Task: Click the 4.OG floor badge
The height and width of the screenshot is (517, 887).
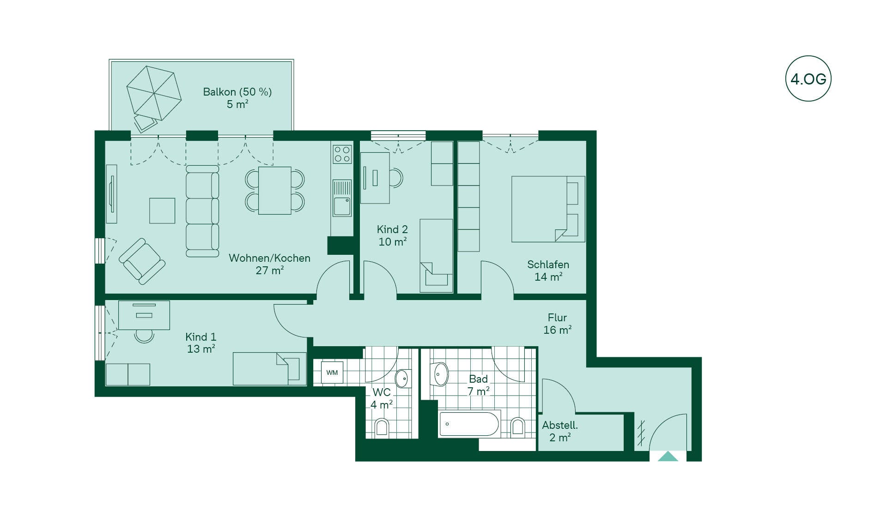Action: tap(808, 78)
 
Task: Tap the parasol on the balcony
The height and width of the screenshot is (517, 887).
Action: tap(154, 93)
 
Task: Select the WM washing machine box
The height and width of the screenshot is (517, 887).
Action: tap(332, 373)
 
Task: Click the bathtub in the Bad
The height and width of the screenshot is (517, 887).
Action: tap(469, 424)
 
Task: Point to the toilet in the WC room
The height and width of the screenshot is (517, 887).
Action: tap(382, 427)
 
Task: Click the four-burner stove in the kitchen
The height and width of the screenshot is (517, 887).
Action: tap(342, 154)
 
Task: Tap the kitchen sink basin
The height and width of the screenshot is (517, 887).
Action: tap(342, 206)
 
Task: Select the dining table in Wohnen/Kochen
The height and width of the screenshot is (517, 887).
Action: tap(274, 190)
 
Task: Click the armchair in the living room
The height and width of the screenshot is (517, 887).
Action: tap(142, 261)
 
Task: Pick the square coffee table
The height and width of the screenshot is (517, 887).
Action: tap(162, 210)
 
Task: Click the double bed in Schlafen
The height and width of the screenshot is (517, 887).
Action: tap(548, 209)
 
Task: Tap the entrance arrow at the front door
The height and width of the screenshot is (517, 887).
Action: tap(668, 457)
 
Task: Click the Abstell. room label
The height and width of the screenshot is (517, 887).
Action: tap(560, 425)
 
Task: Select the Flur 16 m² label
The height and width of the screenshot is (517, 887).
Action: tap(558, 324)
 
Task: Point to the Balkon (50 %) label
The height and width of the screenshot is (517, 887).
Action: tap(237, 92)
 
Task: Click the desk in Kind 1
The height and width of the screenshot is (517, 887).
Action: tap(144, 315)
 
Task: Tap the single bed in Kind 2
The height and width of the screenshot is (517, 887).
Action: tap(436, 256)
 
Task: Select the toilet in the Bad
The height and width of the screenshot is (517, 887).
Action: tap(518, 427)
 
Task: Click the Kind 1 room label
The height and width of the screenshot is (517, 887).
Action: tap(200, 337)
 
